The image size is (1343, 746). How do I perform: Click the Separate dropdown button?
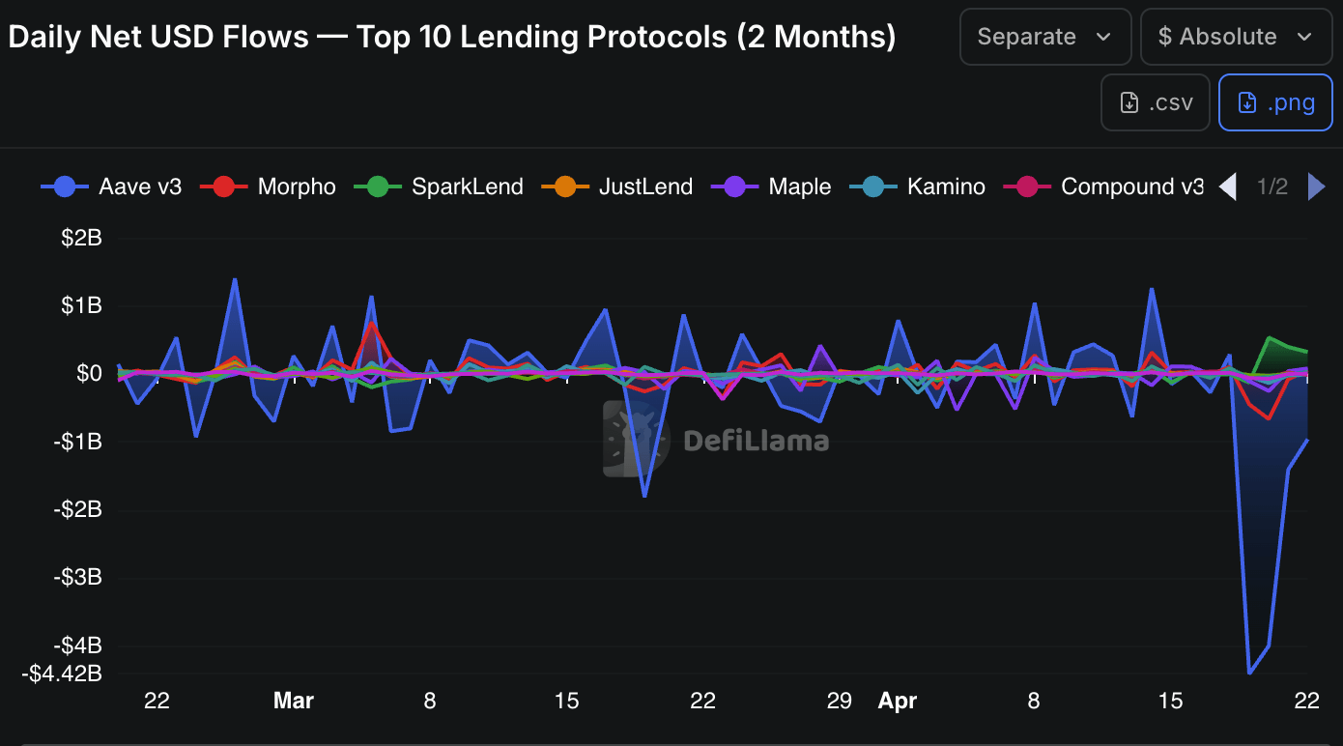click(1044, 37)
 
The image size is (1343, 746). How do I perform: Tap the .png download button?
click(1275, 102)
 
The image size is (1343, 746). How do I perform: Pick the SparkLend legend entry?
click(439, 186)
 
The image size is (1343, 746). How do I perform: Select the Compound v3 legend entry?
click(1104, 186)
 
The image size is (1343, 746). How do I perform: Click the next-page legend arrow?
click(1316, 186)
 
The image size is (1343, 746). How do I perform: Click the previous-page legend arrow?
click(1228, 186)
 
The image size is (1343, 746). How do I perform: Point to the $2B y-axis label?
click(81, 238)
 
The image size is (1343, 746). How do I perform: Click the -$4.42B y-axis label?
click(62, 674)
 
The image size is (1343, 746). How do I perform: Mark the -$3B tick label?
click(77, 577)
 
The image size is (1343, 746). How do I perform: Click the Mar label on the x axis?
click(294, 701)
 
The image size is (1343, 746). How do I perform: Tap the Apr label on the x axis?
click(898, 701)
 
